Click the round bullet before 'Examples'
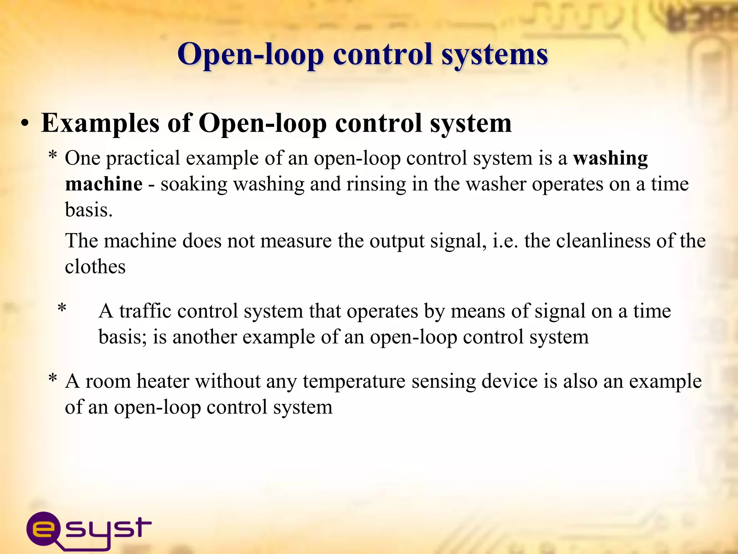pos(25,124)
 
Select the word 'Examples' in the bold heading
pos(100,123)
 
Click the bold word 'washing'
pos(610,159)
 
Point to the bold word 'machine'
pos(104,184)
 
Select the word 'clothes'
pos(95,267)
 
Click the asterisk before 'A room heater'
pos(53,379)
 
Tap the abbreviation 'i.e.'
pos(505,241)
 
